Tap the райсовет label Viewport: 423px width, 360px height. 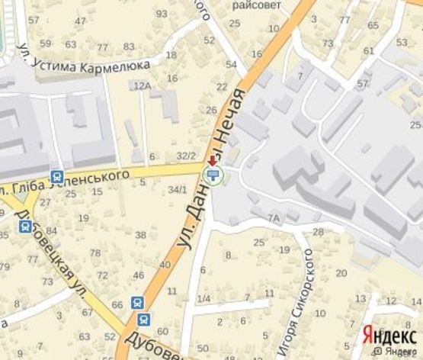point(257,5)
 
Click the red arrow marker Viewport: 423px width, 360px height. point(211,161)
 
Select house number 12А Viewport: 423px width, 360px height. point(142,86)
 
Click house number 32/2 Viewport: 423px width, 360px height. point(186,156)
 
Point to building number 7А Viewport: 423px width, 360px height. point(274,218)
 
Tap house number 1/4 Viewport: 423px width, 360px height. point(203,298)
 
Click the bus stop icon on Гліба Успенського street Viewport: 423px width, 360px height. point(56,176)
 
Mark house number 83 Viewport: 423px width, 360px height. point(128,46)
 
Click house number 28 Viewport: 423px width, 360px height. point(318,231)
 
